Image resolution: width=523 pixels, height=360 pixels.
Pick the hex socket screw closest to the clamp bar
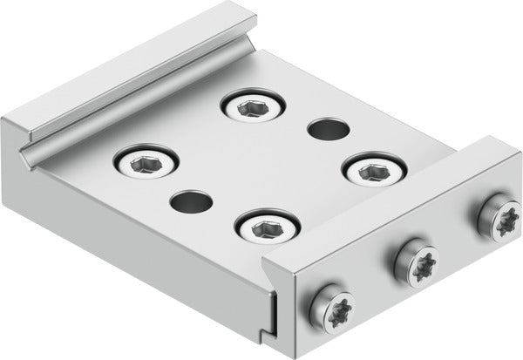point(265,228)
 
